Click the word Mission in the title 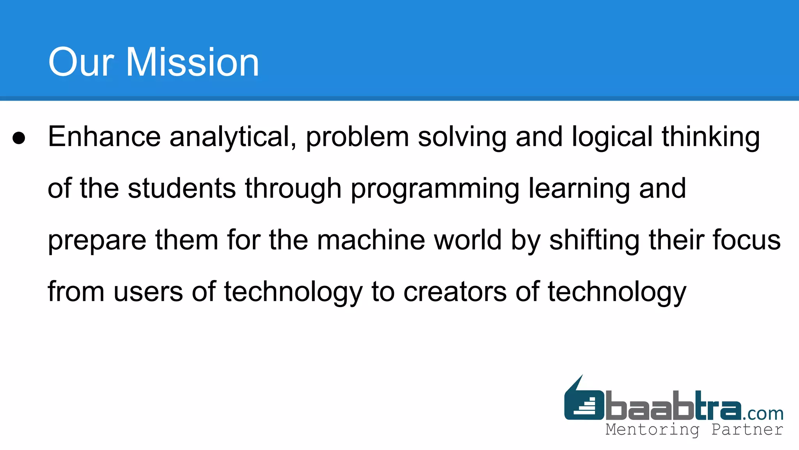tap(192, 62)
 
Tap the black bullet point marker tap(19, 138)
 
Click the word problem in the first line tap(357, 137)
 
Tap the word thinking tap(710, 137)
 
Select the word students tap(182, 189)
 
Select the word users tap(148, 292)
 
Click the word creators tap(455, 292)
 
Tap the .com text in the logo tap(763, 413)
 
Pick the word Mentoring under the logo tap(652, 430)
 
